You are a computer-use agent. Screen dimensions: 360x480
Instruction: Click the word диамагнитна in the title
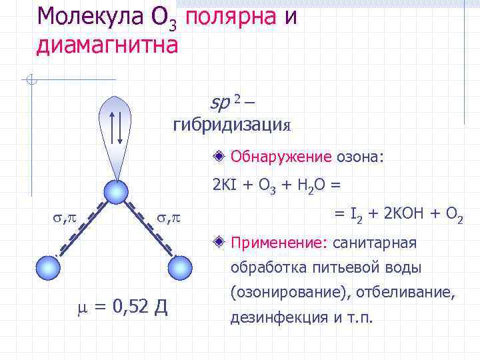click(x=107, y=45)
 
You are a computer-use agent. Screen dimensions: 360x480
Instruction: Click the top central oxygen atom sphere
click(x=117, y=193)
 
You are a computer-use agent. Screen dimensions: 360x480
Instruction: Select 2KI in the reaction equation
click(x=223, y=185)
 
